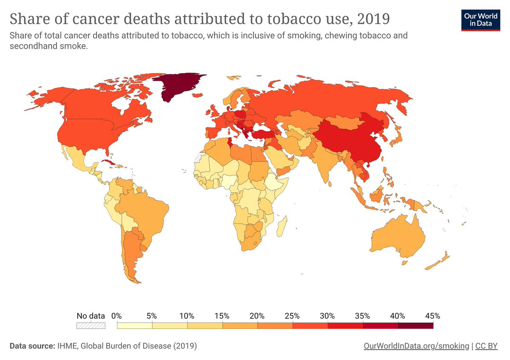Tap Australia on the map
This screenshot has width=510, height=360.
tap(399, 238)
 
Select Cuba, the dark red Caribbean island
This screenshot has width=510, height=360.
tap(108, 163)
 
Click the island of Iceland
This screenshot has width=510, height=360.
tap(233, 78)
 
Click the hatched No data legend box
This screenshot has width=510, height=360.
tap(91, 326)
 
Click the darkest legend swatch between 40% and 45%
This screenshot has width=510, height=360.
tap(416, 326)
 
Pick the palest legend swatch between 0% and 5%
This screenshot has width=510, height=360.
tap(134, 326)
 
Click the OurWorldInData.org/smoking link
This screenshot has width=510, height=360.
tap(416, 346)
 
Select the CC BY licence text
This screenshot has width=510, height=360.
tap(486, 346)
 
